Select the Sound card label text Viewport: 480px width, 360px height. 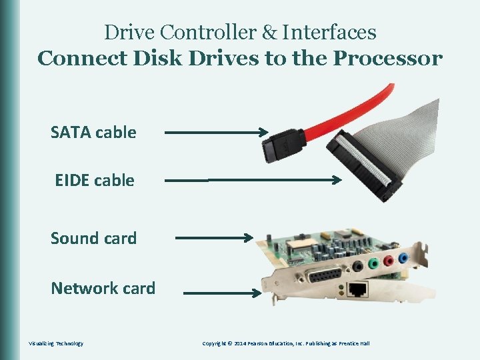click(x=93, y=238)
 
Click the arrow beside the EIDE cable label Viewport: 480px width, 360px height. click(x=253, y=179)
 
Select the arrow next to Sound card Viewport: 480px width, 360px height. click(x=213, y=237)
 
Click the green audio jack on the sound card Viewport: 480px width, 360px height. click(x=373, y=265)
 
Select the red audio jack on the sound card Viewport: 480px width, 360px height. click(x=388, y=261)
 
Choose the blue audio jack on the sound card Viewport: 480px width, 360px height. click(x=403, y=257)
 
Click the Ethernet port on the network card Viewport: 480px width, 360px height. click(x=358, y=289)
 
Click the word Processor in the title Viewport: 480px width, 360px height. click(x=387, y=59)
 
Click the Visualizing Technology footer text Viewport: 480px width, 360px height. click(x=56, y=343)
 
